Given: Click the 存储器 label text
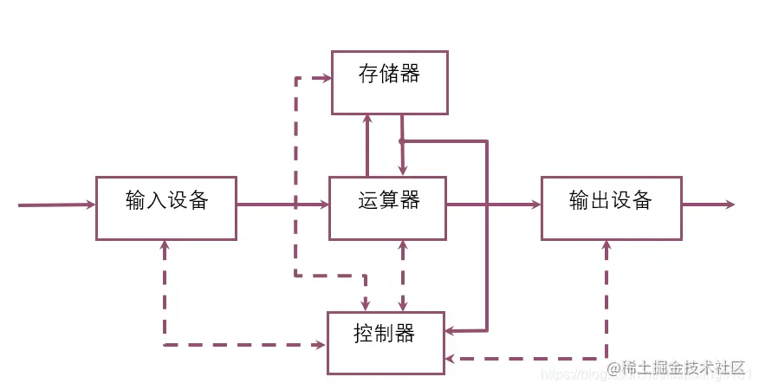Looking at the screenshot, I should [x=389, y=75].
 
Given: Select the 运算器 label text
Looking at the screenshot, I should [x=389, y=201].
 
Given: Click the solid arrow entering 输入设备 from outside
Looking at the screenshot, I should [x=56, y=205].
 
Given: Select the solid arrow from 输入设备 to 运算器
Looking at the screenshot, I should [x=282, y=205].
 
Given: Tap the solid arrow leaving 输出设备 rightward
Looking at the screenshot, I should [x=709, y=205].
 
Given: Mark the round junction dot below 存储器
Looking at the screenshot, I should [x=402, y=140].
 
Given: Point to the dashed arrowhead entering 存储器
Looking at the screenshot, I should [x=327, y=78].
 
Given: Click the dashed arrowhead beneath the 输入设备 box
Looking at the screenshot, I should [x=165, y=245].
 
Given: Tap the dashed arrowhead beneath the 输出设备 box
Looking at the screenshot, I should [x=607, y=246].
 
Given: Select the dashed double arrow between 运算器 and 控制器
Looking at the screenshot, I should [x=403, y=276].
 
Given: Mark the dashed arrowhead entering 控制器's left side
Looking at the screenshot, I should [x=321, y=345].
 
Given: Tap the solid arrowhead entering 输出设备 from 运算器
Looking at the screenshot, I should [x=535, y=205].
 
